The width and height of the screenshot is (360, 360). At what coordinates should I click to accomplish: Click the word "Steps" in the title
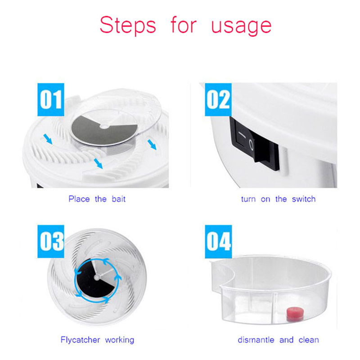pos(128,26)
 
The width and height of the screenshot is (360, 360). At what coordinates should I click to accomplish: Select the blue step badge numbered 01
pos(51,99)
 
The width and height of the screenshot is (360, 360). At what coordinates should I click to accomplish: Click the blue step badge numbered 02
pos(218,99)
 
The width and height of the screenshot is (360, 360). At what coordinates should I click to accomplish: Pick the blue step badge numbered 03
pos(51,241)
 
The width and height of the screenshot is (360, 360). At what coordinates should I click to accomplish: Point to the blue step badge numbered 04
pos(218,242)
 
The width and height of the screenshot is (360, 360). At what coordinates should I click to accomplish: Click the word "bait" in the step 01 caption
pos(119,199)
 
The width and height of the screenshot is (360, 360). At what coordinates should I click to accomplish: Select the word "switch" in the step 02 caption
pos(303,199)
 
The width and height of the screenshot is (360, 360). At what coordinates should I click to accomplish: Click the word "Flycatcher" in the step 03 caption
pos(80,340)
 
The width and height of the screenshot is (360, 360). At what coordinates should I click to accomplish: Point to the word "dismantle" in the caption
pos(256,340)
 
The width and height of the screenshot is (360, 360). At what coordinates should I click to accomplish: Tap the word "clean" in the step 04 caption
pos(309,340)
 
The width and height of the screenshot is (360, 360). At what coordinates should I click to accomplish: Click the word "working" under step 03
pos(119,340)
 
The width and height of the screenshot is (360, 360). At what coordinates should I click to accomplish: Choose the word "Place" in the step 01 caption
pos(79,199)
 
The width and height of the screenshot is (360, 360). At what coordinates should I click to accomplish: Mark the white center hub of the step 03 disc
pos(97,278)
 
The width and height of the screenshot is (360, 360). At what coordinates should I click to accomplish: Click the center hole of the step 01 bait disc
pos(104,126)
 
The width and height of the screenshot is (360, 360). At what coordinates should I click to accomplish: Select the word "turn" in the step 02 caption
pos(248,199)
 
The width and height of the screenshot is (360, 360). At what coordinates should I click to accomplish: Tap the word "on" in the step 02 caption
pos(265,199)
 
